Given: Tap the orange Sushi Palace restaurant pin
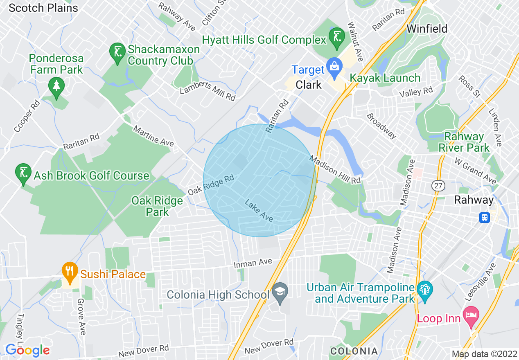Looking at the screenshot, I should (x=70, y=272).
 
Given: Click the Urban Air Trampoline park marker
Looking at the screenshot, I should (x=424, y=292).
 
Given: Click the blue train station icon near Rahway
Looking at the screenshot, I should (x=485, y=217).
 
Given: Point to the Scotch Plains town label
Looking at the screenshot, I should (x=43, y=7).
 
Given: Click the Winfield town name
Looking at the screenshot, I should (x=427, y=29).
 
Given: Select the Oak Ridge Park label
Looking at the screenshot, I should (x=157, y=206).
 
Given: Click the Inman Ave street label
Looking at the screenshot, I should (x=253, y=264).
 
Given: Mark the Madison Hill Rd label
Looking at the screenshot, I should (x=335, y=169).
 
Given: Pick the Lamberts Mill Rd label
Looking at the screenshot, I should (x=208, y=91).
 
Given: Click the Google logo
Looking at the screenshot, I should (x=27, y=350).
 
